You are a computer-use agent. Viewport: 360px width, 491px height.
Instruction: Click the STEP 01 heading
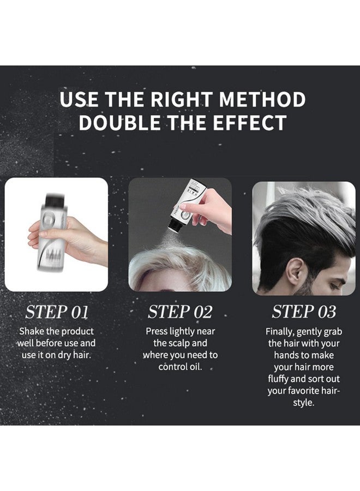tap(56, 312)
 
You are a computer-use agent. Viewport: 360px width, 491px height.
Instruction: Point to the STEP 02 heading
tap(179, 312)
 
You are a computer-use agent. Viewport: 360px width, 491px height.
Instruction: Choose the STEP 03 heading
tap(304, 312)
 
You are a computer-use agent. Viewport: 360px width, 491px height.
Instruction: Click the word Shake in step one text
tap(32, 331)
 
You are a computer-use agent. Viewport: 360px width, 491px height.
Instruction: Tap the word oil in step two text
tap(195, 367)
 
